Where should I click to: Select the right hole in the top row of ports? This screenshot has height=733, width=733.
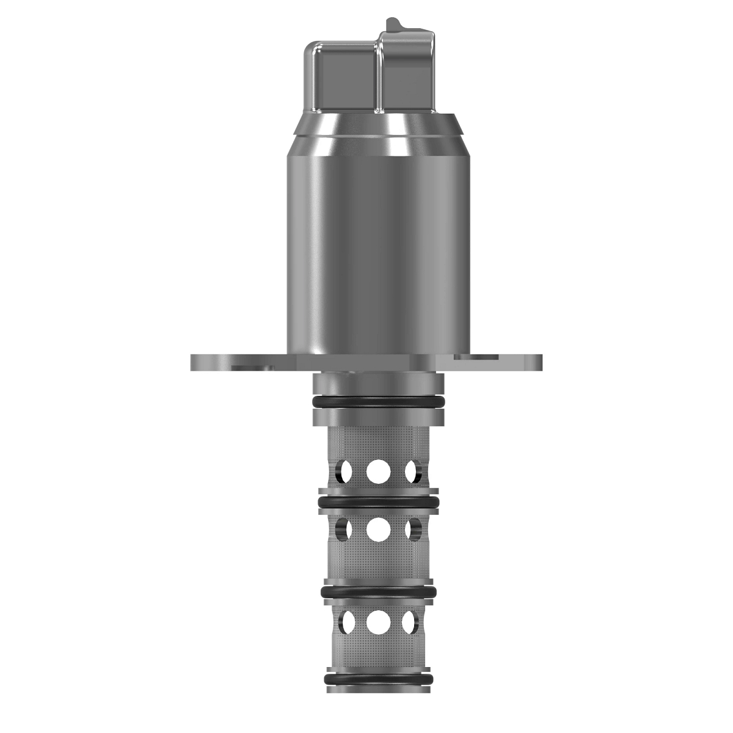412,470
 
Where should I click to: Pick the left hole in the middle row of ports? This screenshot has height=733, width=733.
345,529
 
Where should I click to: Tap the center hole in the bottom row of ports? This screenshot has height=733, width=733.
378,622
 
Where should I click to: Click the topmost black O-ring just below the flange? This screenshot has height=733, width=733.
378,402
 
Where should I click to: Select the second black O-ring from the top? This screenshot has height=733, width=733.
378,502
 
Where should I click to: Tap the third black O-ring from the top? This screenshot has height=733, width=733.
378,592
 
